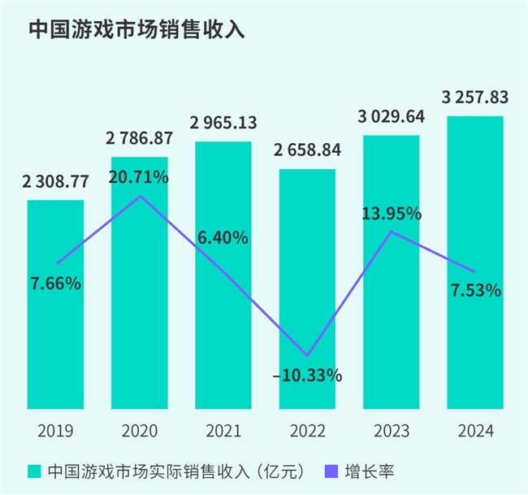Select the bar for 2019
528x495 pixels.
tap(55, 325)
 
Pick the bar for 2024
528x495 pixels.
tap(475, 325)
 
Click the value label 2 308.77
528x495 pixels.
tap(55, 183)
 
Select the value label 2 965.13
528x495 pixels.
tap(223, 124)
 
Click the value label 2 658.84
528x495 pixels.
tap(307, 151)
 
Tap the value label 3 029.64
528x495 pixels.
tap(392, 118)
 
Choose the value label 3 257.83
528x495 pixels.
tap(475, 98)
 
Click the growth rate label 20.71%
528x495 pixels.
tap(140, 176)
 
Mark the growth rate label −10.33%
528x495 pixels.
tap(308, 376)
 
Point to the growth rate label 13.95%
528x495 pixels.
tap(392, 215)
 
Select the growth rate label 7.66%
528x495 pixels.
tap(55, 284)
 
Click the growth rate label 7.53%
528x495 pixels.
tap(475, 290)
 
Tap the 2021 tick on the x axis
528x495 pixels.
tap(223, 430)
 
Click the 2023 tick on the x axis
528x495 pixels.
tap(392, 430)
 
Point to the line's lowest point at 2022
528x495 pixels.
tap(307, 356)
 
